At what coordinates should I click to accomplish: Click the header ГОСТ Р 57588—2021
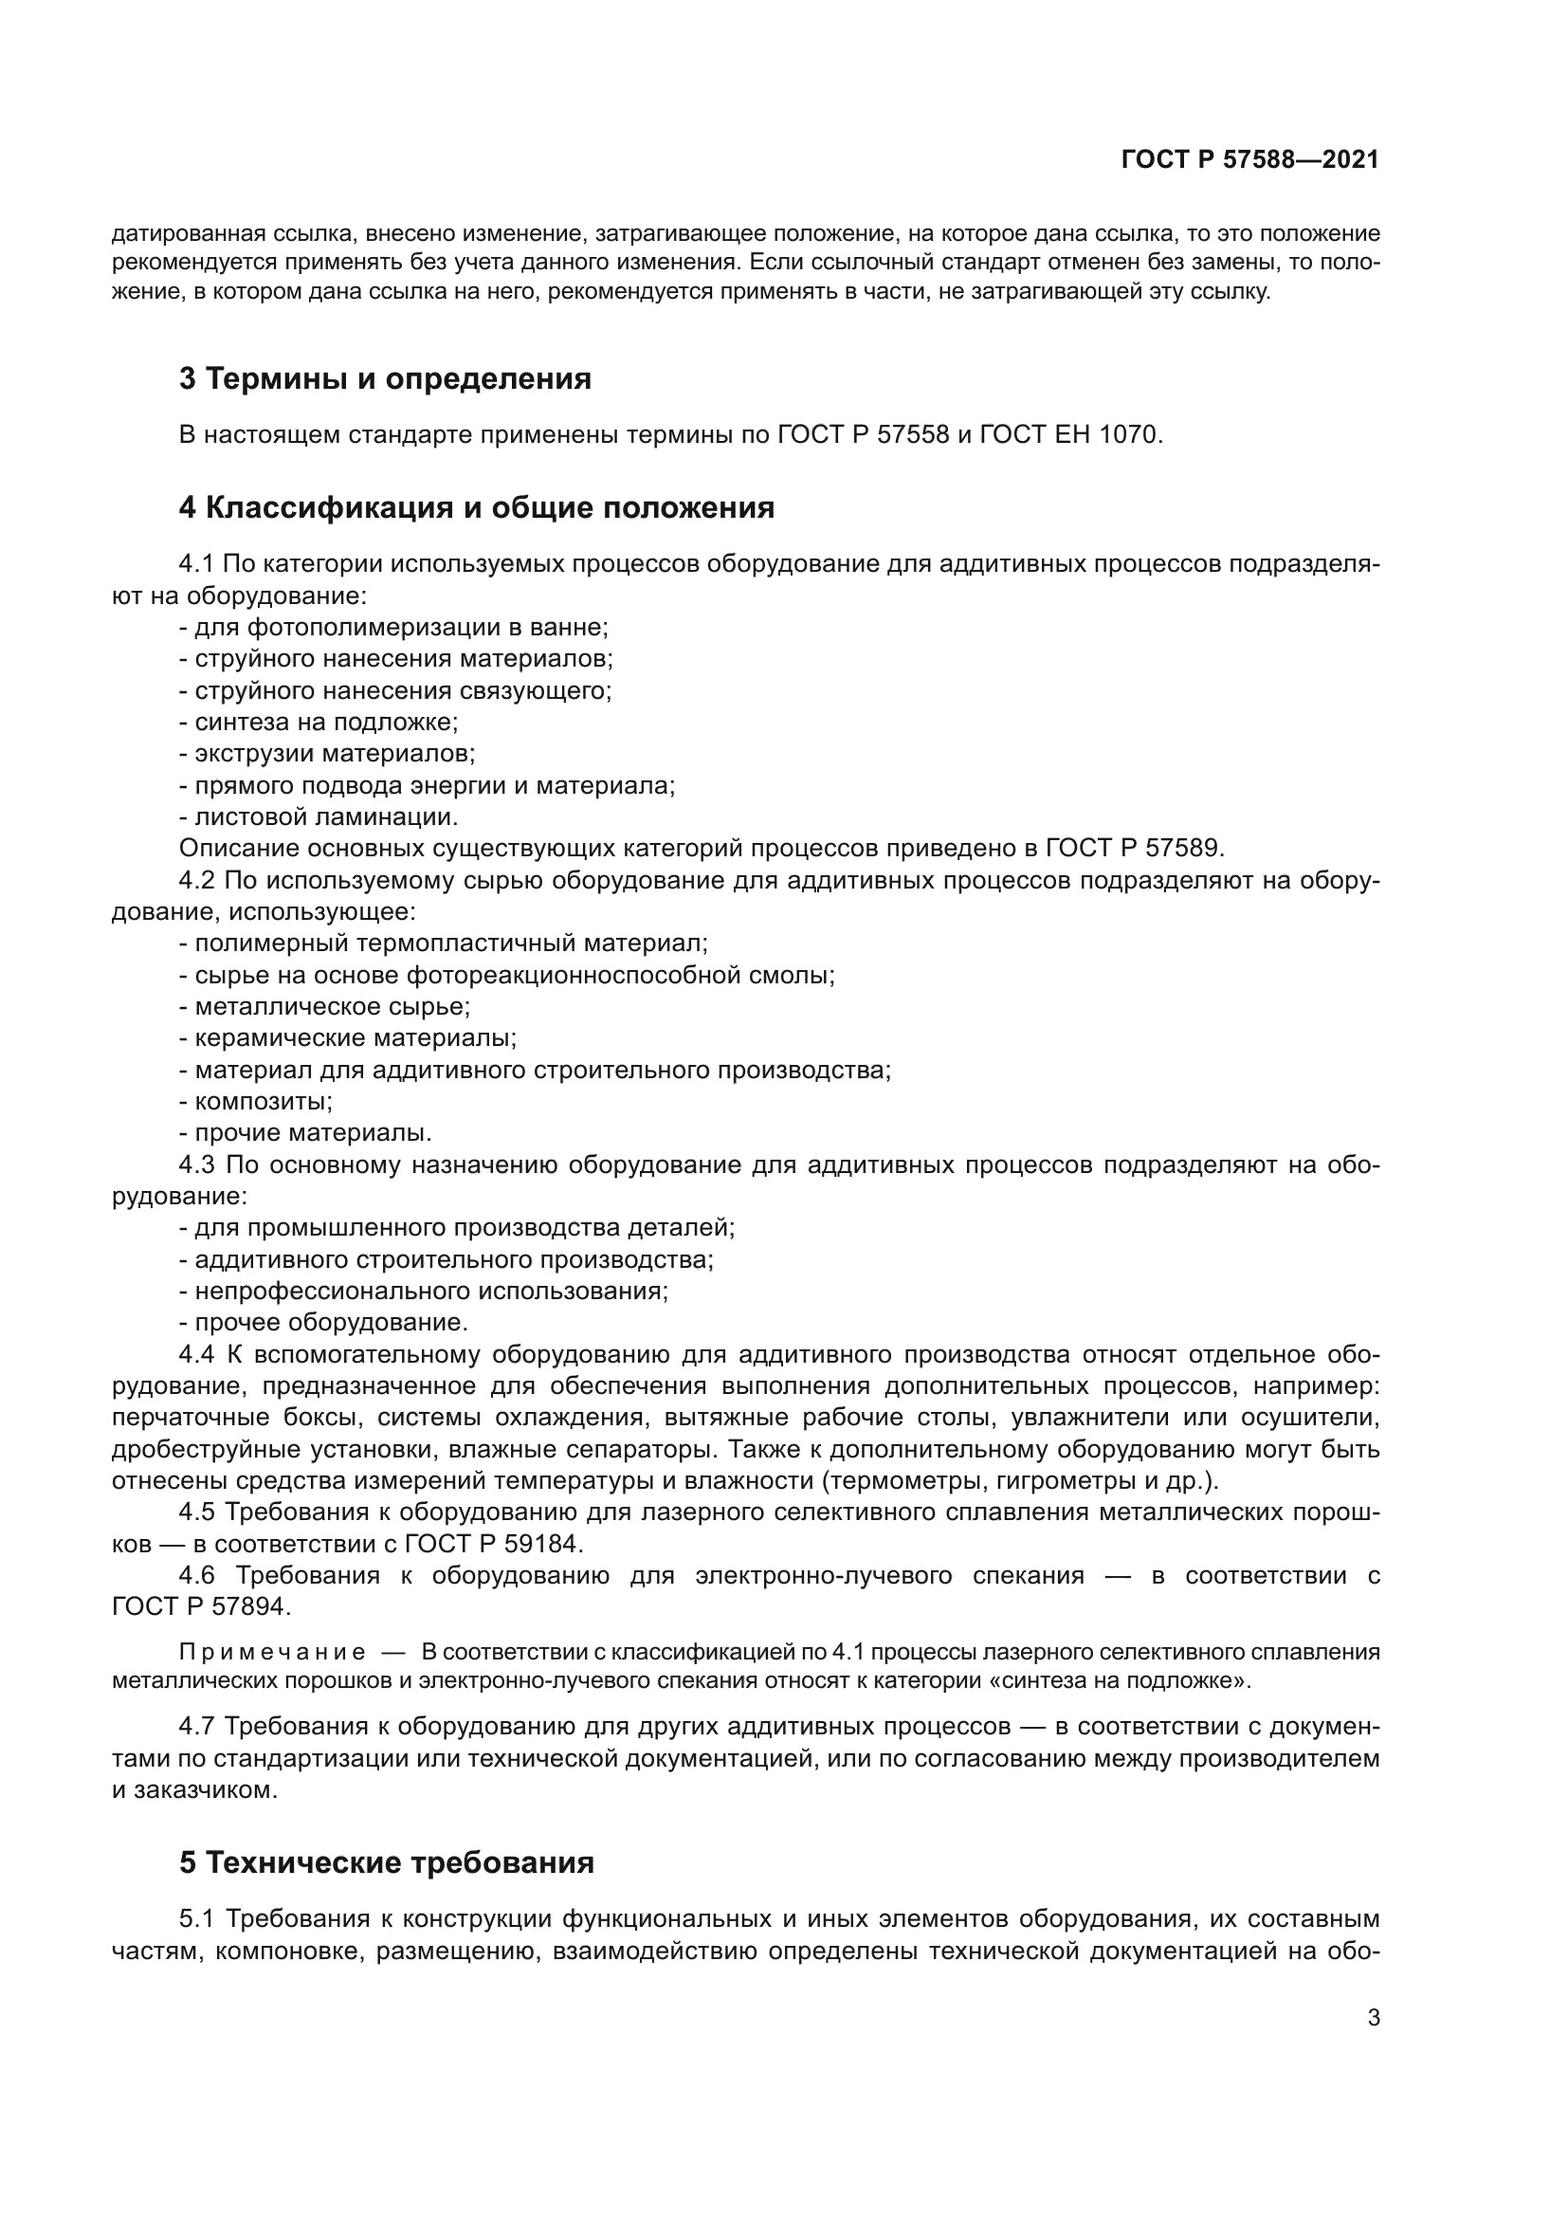tap(1249, 160)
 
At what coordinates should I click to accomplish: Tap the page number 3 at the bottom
tap(1373, 2018)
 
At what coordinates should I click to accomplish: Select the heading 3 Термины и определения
tap(385, 378)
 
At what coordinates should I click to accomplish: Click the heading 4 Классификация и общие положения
tap(476, 507)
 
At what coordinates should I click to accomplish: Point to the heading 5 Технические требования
tap(386, 1862)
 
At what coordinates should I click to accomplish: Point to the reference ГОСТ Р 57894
tap(200, 1606)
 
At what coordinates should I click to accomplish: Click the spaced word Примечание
tap(272, 1653)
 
